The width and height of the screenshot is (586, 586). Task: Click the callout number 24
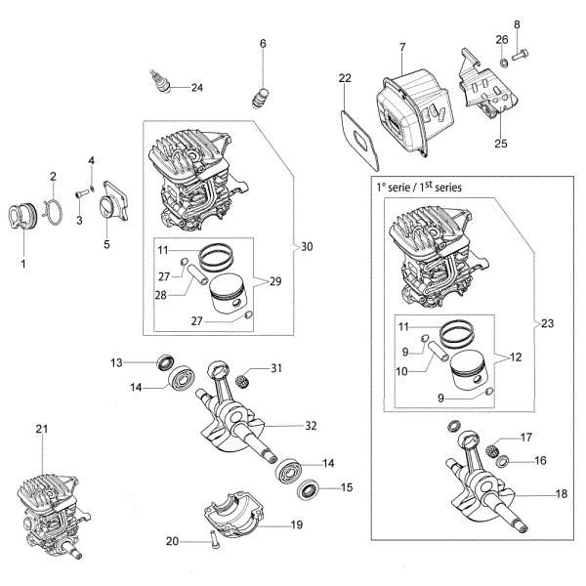click(197, 88)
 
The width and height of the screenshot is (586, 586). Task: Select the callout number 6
click(263, 43)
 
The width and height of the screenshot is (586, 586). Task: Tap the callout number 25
click(501, 144)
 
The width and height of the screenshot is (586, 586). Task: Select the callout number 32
click(312, 425)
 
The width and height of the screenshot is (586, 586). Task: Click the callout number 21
click(41, 429)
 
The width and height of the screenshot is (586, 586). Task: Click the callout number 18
click(561, 495)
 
